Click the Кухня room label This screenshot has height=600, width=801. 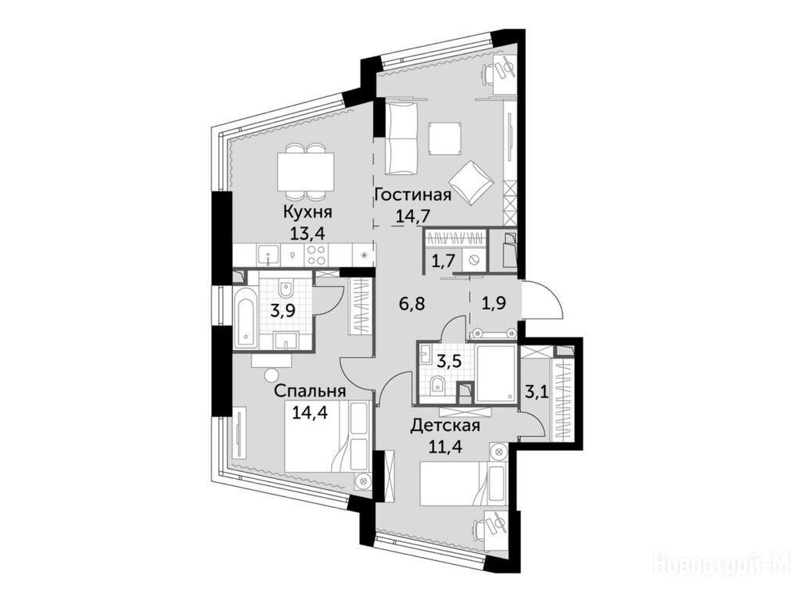click(306, 212)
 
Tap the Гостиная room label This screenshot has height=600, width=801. click(413, 195)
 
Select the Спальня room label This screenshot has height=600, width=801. click(310, 391)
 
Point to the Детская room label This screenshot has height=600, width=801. click(445, 425)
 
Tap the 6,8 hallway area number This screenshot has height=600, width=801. click(411, 305)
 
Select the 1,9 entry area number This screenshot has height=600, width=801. click(494, 304)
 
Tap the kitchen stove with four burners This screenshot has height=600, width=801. click(317, 255)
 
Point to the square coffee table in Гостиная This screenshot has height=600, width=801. click(445, 139)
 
